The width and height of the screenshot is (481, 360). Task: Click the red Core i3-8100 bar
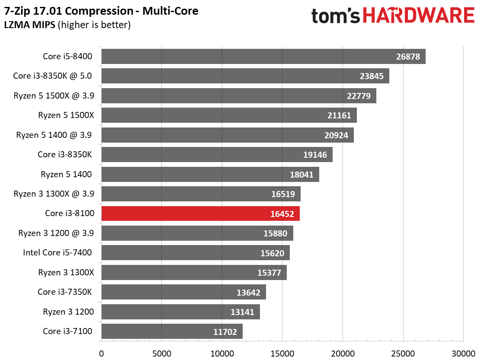point(201,213)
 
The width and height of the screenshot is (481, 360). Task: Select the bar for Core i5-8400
point(263,56)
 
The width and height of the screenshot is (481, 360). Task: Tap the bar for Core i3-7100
point(172,331)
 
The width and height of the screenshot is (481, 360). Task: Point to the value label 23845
point(372,76)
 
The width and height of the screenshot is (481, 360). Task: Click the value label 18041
point(301,175)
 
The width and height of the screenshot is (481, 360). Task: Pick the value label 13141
point(242,312)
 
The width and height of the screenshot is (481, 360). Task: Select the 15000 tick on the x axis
point(282,353)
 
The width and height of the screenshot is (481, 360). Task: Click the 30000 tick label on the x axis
point(464,353)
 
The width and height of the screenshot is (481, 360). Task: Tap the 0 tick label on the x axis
point(101,353)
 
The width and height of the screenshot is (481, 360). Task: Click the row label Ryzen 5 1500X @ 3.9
point(54,96)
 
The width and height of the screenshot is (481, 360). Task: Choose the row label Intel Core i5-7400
point(58,252)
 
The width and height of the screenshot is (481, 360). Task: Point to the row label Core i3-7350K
point(65,292)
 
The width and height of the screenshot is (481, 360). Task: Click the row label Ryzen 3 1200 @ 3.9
point(56,233)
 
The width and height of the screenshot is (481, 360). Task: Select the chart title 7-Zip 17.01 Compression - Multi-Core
point(101,11)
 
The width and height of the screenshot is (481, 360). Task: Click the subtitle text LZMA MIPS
point(30,25)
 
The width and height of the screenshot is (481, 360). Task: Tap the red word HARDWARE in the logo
point(419,16)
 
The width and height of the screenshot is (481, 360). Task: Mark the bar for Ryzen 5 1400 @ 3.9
point(228,135)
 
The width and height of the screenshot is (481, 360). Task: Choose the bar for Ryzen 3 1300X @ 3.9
point(201,194)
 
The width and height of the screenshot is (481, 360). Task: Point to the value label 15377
point(269,273)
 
